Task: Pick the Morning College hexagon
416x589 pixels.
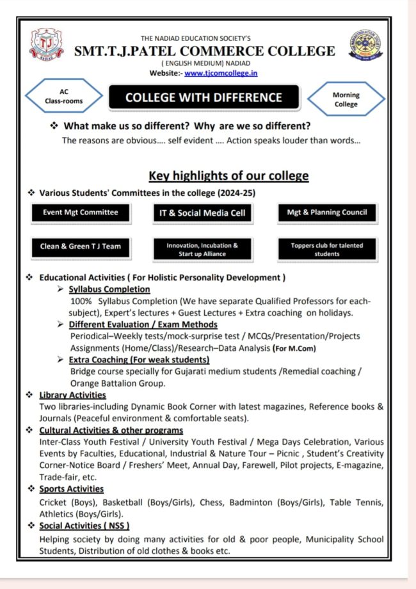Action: coord(346,99)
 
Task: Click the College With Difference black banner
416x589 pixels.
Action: coord(204,98)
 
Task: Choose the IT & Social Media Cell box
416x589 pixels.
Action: coord(202,213)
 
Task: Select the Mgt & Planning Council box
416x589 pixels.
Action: coord(327,213)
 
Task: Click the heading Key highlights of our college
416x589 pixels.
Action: coord(228,175)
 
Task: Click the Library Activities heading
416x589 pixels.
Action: coord(72,395)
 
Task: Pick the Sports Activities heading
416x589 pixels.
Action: coord(71,489)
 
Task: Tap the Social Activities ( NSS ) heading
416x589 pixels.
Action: coord(84,526)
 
